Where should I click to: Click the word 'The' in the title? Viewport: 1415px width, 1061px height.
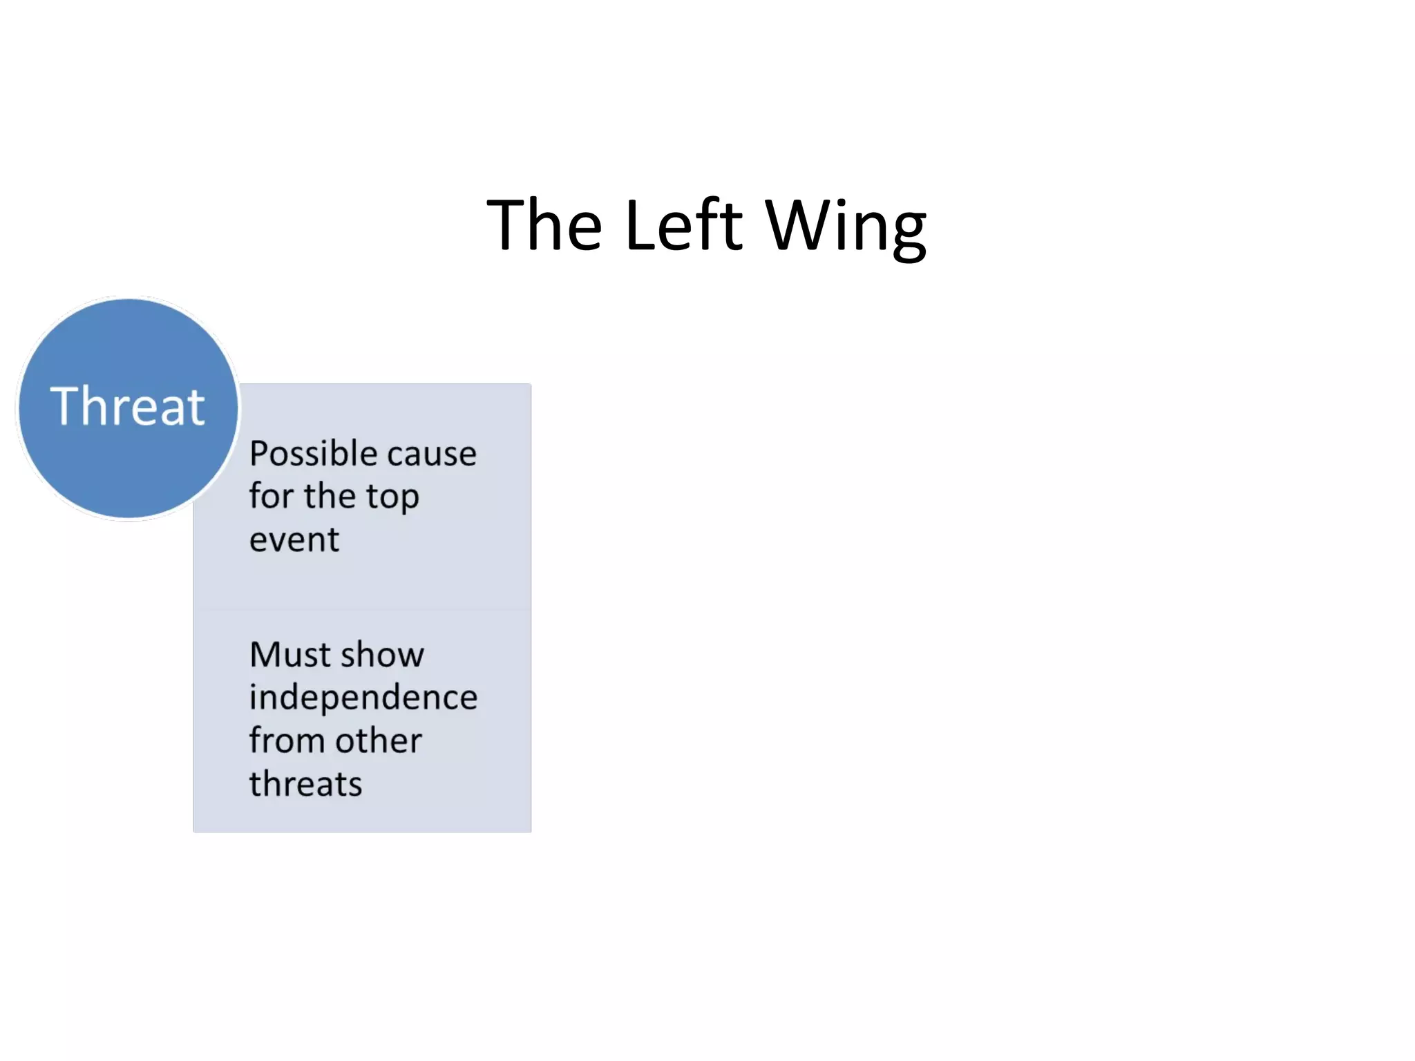[544, 225]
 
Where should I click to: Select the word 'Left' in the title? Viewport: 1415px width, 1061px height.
[683, 225]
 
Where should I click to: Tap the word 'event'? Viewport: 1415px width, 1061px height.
[294, 539]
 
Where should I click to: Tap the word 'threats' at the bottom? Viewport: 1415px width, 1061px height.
[305, 784]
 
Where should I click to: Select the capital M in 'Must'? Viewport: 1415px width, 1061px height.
[265, 655]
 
